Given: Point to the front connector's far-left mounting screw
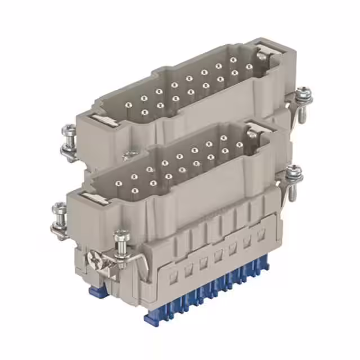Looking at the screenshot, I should pos(59,217).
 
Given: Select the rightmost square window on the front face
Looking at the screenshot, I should pos(261,235).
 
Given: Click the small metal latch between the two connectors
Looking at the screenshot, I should pos(130,154).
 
